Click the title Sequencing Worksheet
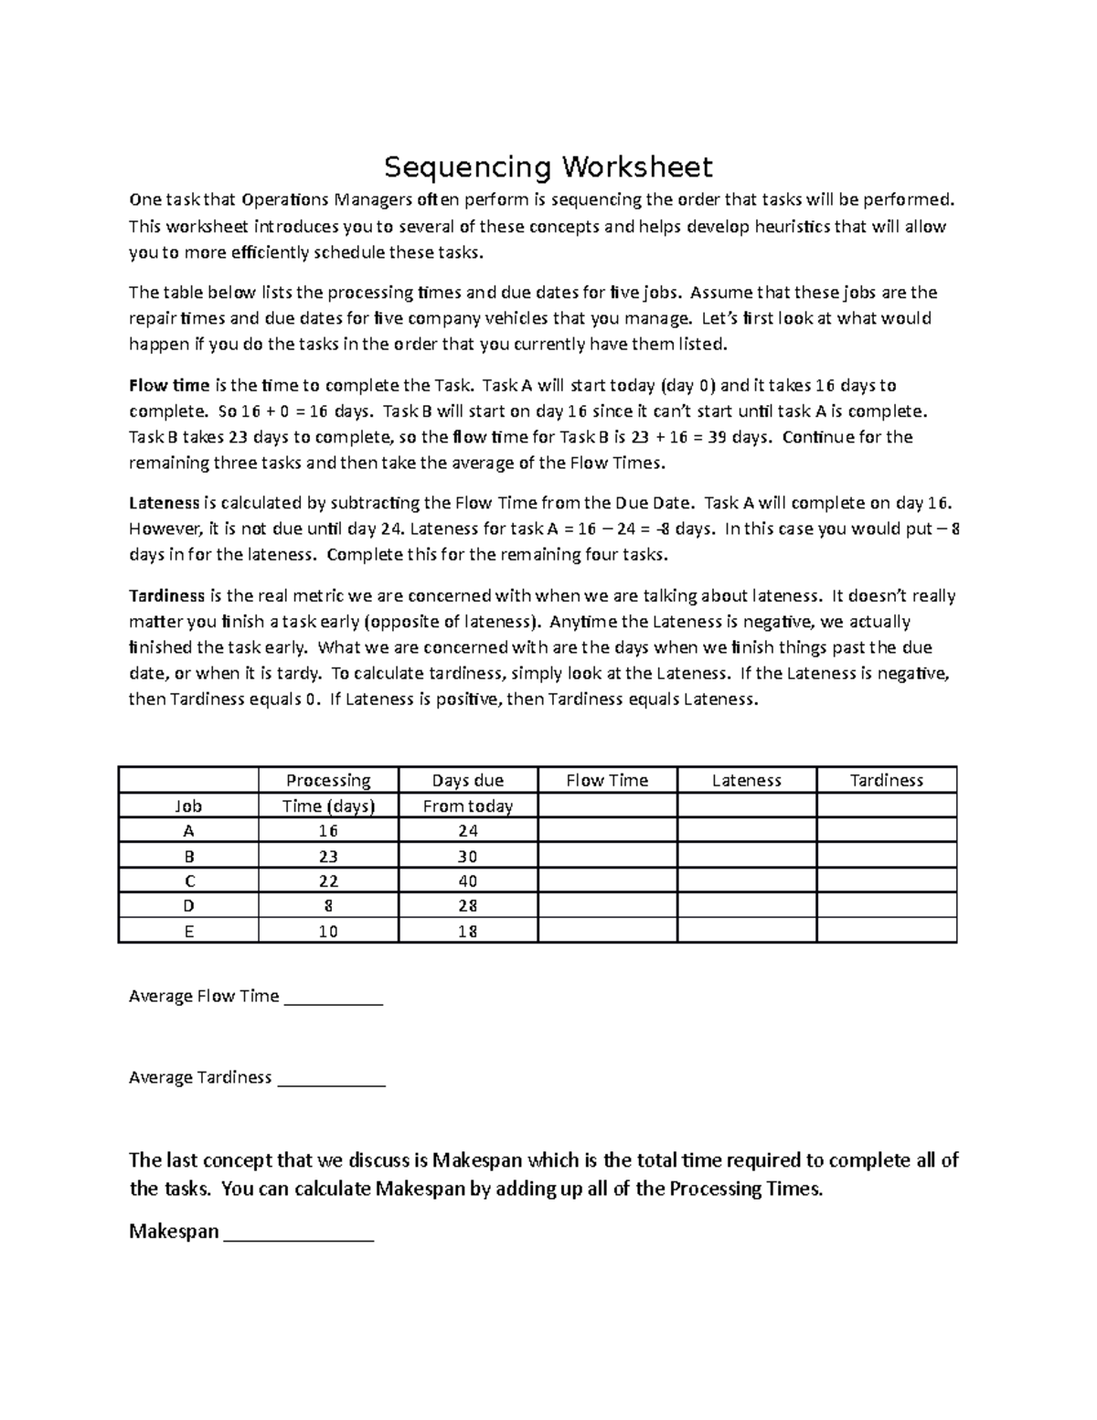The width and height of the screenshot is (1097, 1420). pos(548,167)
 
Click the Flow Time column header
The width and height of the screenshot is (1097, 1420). pos(607,780)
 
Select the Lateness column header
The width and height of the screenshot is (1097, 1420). pos(746,780)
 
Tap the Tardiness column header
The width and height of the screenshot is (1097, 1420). pos(886,780)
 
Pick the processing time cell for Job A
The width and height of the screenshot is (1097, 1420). pos(328,831)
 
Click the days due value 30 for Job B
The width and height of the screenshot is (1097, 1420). pos(467,857)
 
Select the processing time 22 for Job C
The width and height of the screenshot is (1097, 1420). pos(328,881)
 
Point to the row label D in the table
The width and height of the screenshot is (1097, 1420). pos(188,906)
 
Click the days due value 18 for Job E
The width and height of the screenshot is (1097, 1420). pos(467,932)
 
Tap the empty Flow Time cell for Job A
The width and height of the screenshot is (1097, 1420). pos(607,831)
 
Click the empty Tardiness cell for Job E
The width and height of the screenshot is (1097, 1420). pos(886,932)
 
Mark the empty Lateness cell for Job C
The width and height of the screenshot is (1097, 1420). pos(746,881)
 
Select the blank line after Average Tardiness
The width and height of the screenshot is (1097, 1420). pos(331,1080)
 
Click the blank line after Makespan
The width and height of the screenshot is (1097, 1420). pos(299,1234)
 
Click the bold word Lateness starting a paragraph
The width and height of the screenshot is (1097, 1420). pos(164,503)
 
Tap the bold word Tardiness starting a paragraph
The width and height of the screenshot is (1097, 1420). pos(166,596)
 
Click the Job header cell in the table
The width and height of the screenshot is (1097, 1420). pos(188,806)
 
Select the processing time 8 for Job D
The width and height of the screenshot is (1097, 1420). pos(328,906)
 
